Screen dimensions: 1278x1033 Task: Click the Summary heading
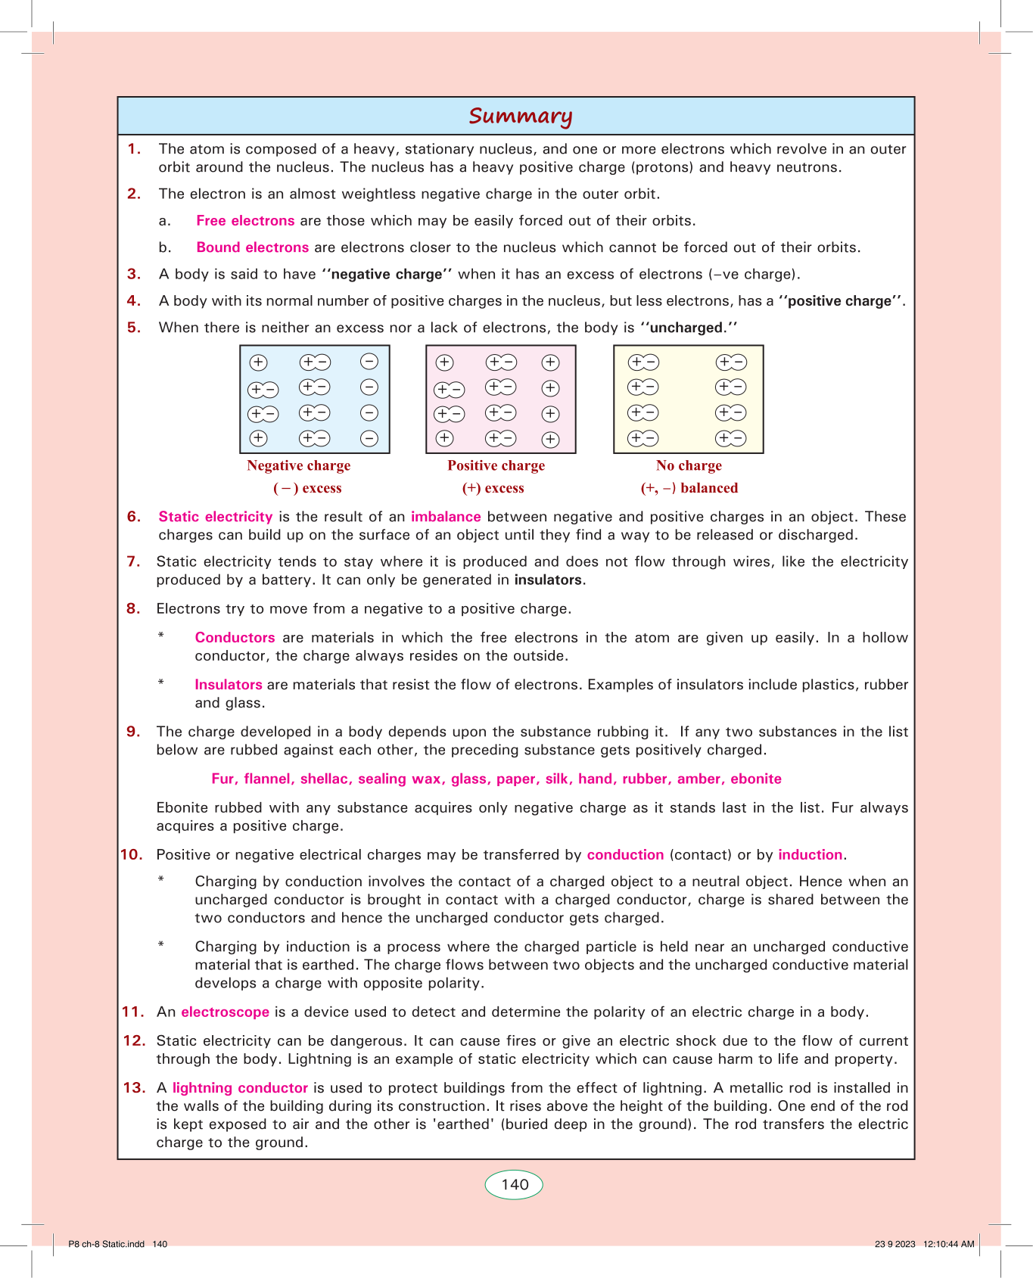(x=520, y=116)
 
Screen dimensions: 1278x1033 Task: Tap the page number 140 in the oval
(x=515, y=1184)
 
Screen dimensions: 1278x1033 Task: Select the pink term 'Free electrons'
(x=245, y=221)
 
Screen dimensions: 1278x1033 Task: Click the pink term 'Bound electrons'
(x=252, y=247)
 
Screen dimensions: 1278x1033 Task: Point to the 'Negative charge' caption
(x=298, y=465)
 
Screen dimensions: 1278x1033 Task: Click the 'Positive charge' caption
(x=496, y=465)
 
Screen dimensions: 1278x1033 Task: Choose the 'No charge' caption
(x=689, y=465)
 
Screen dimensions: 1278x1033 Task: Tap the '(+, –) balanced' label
(x=689, y=488)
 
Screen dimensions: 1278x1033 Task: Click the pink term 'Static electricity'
(x=215, y=517)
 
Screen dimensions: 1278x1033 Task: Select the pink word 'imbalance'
(x=446, y=517)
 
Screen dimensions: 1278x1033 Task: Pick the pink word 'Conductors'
(x=235, y=638)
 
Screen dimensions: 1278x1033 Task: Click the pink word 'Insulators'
(x=229, y=685)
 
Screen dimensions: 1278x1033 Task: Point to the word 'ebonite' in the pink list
(x=755, y=779)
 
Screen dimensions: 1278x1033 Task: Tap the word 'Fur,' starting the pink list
(x=224, y=779)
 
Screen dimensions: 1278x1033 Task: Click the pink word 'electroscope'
(x=225, y=1012)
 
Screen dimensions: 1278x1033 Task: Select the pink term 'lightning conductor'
(x=240, y=1088)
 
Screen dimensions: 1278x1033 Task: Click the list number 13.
(x=134, y=1088)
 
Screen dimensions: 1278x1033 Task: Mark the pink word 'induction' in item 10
(x=810, y=855)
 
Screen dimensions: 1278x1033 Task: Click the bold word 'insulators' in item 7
(x=549, y=580)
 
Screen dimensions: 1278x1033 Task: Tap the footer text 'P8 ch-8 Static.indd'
(x=106, y=1244)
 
